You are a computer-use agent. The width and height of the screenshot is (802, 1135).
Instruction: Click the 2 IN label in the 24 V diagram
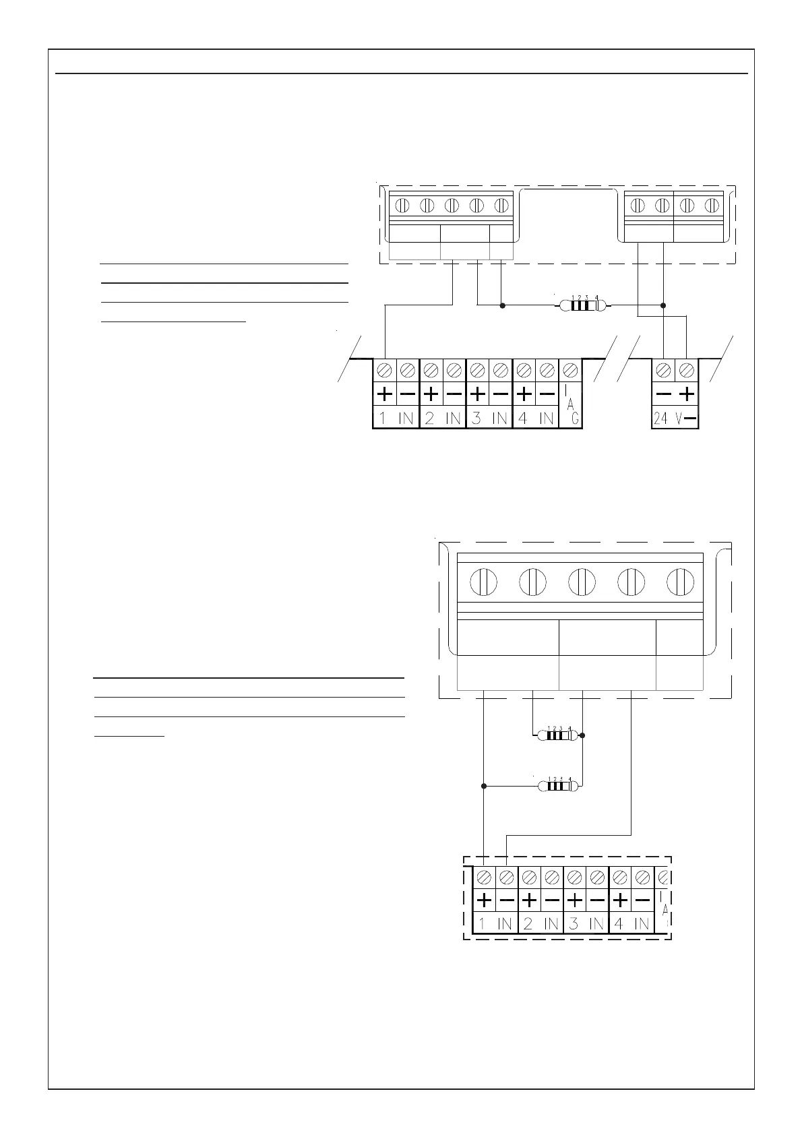[x=443, y=419]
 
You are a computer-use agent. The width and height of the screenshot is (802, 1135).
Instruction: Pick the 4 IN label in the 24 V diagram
[x=536, y=419]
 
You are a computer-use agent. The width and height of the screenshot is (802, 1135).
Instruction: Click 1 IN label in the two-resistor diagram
[x=495, y=923]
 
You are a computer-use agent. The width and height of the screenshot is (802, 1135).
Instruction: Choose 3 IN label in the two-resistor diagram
[x=586, y=923]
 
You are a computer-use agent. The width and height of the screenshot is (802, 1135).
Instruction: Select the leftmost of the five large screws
[x=483, y=582]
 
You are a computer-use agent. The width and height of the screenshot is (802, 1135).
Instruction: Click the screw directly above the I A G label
[x=571, y=369]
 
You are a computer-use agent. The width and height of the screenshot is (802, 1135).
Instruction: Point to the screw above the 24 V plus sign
[x=686, y=369]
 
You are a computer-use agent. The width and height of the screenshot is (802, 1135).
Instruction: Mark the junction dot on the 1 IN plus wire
[x=484, y=786]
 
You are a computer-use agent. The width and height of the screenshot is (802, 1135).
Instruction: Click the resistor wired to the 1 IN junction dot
[x=557, y=786]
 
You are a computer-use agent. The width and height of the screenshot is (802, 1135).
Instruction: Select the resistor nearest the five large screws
[x=557, y=735]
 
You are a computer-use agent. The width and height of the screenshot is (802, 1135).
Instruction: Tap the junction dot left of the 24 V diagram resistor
[x=502, y=305]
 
